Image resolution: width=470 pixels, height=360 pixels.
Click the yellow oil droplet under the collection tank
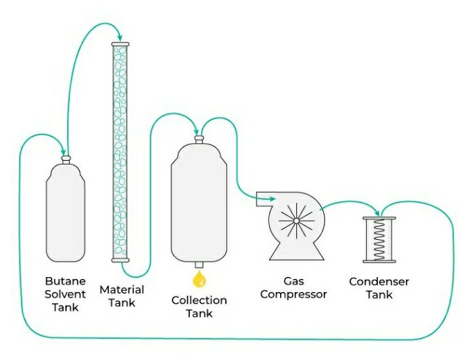[x=199, y=280]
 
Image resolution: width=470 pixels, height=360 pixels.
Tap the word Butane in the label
[x=61, y=282]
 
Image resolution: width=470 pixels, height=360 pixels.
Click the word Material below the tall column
[x=121, y=289]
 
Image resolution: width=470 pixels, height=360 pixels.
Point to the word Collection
[x=199, y=301]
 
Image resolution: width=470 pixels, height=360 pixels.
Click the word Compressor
[x=294, y=295]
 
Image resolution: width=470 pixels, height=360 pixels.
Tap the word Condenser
[x=379, y=282]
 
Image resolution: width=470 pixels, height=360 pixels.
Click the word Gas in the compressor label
[x=294, y=282]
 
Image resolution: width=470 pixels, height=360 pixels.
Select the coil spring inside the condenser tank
[x=379, y=238]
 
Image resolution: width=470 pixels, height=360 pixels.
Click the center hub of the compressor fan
[x=296, y=220]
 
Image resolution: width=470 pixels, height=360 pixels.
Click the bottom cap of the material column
[x=121, y=260]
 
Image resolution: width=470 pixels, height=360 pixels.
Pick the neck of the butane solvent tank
[x=65, y=158]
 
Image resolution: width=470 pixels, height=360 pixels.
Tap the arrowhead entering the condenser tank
[x=378, y=212]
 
